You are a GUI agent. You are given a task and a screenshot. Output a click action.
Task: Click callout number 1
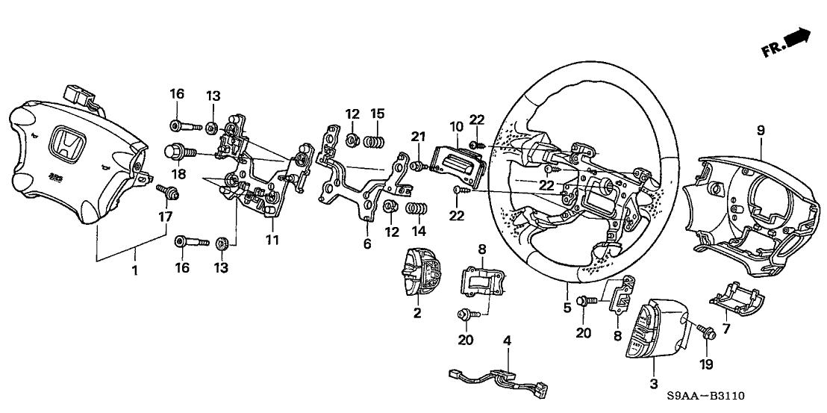135,271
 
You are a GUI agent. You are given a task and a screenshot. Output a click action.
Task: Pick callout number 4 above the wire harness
507,341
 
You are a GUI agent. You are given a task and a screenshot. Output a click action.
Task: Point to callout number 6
366,243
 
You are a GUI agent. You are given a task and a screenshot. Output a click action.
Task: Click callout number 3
654,383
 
